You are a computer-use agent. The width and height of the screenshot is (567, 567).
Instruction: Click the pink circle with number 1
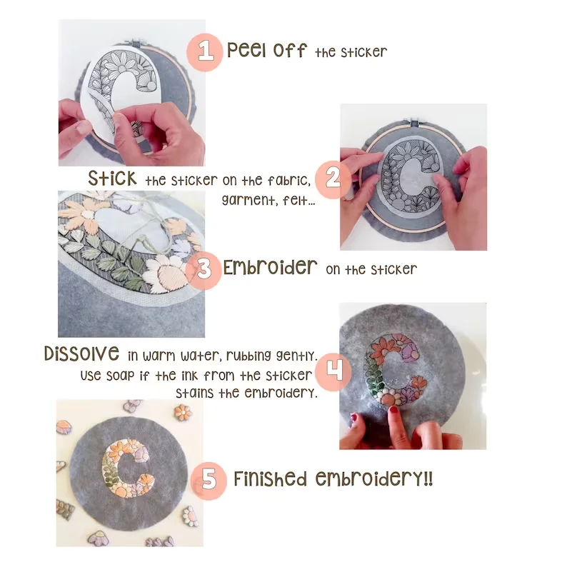coord(205,52)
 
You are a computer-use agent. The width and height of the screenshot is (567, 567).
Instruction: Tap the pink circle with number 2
coord(333,180)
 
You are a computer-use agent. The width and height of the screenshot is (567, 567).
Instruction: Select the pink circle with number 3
coord(204,270)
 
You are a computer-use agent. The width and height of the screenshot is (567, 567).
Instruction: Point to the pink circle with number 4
coord(333,372)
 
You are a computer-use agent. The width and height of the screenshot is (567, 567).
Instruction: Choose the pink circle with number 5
coord(209,481)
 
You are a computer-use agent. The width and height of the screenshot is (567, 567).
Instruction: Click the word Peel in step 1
coord(247,50)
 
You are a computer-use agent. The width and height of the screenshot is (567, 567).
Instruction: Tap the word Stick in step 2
coord(112,179)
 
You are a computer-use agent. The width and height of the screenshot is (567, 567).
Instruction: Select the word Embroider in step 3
coord(270,268)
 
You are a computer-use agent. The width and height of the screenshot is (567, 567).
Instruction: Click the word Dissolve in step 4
coord(81,353)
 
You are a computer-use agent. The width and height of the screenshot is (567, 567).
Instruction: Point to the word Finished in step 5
coord(270,478)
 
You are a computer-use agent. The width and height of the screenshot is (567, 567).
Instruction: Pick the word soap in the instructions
coord(121,376)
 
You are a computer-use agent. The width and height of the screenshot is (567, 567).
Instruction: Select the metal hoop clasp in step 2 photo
coord(414,122)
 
